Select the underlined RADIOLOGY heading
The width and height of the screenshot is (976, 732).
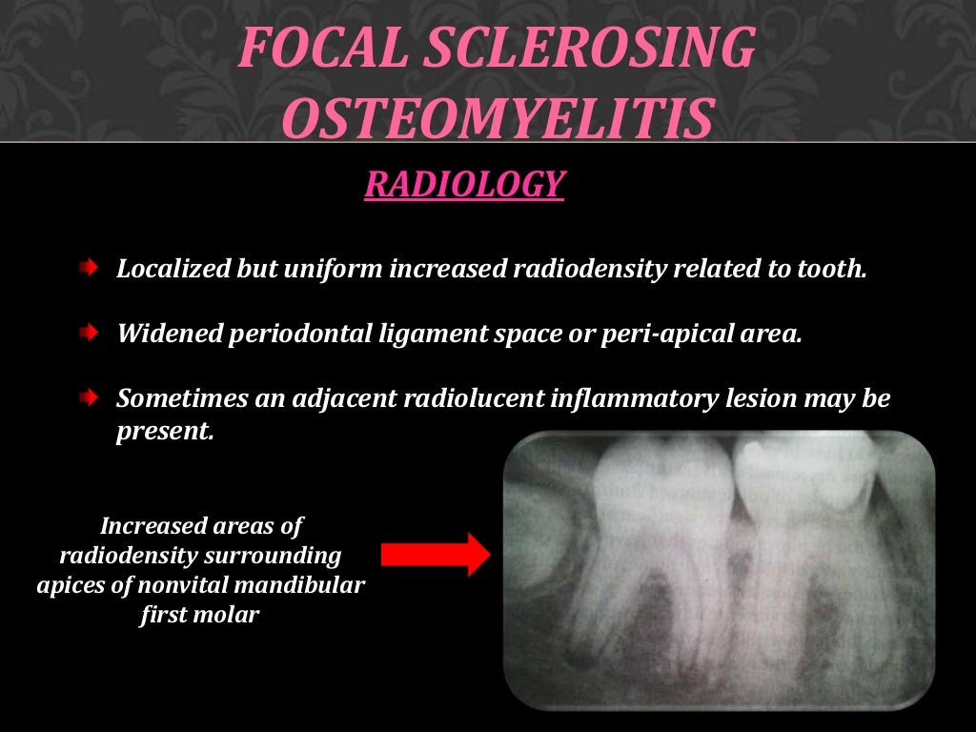coord(464,184)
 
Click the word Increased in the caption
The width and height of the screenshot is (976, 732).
coord(148,525)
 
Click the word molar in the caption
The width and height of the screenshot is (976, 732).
coord(231,615)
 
